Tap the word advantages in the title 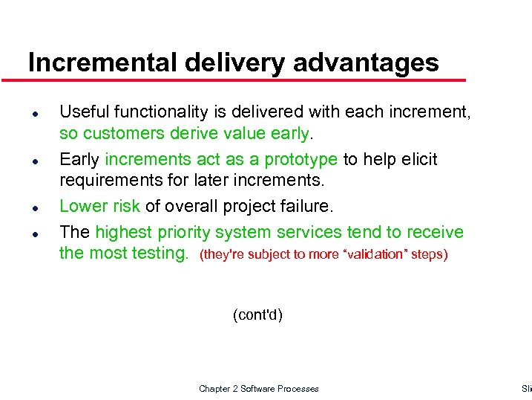pyautogui.click(x=366, y=62)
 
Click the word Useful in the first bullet pyautogui.click(x=81, y=112)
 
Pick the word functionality pyautogui.click(x=160, y=112)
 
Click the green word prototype pyautogui.click(x=301, y=160)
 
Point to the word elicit pyautogui.click(x=419, y=160)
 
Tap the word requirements pyautogui.click(x=108, y=181)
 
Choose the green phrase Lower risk pyautogui.click(x=99, y=206)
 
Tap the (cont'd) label pyautogui.click(x=257, y=315)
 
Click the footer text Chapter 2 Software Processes pyautogui.click(x=258, y=389)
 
